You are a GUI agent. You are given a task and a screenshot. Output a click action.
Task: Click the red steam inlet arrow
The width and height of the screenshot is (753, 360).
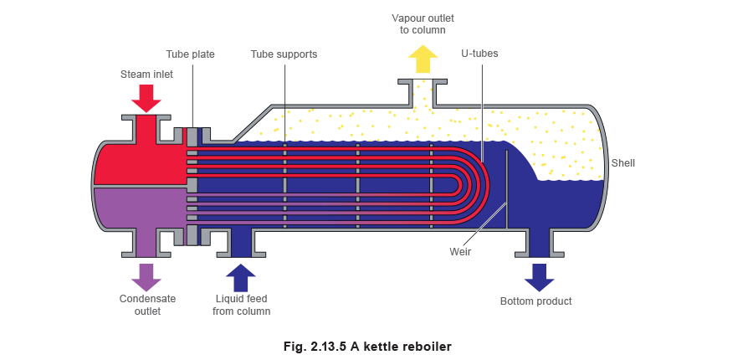coord(146,98)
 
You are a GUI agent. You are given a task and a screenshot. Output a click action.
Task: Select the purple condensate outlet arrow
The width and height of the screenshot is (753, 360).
coord(146,277)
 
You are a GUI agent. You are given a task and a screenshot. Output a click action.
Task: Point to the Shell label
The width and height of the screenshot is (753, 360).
coord(623,163)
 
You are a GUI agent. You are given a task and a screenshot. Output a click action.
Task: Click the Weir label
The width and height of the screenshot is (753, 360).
coord(459,249)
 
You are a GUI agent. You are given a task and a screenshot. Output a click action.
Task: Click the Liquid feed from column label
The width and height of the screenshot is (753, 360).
coord(242,306)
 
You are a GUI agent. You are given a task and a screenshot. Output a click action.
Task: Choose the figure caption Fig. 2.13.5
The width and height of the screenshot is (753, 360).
coord(369,345)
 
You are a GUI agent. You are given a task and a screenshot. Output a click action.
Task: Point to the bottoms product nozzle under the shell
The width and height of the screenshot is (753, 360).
coord(537,245)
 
